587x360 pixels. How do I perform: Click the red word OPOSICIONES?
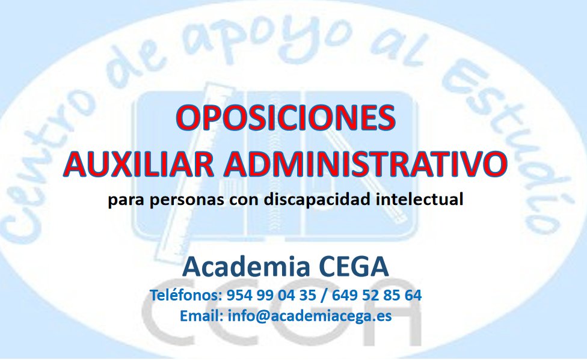tap(286, 118)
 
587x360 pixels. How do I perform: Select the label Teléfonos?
tap(186, 296)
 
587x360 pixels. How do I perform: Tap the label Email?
tap(201, 316)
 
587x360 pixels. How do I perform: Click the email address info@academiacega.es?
tap(310, 316)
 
